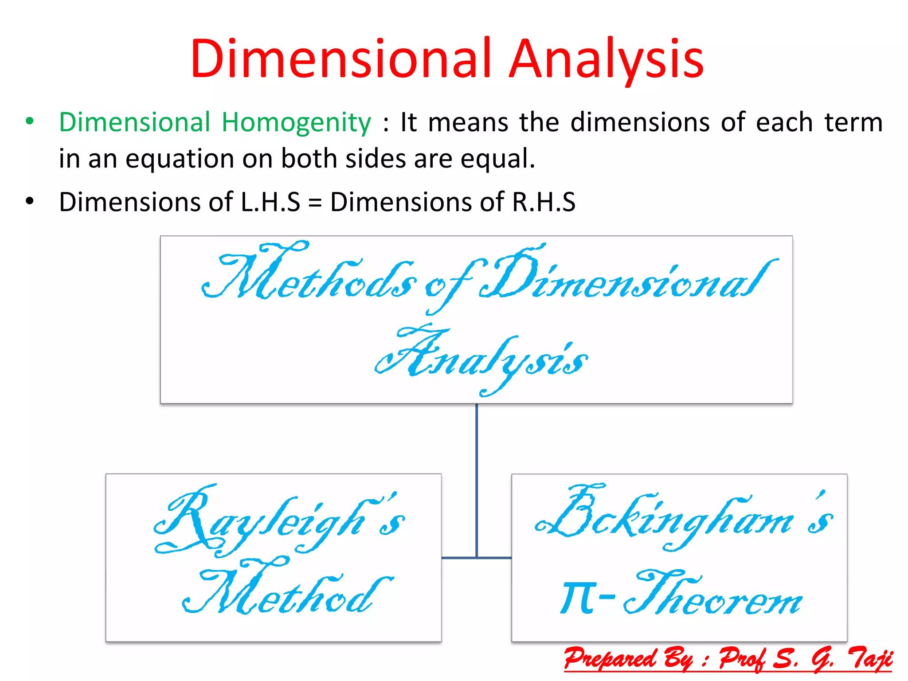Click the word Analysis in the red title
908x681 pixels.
click(606, 59)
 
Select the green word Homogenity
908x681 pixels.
click(296, 122)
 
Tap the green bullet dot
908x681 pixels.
click(30, 121)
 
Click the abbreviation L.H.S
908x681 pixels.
click(270, 202)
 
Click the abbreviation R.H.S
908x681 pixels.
click(544, 202)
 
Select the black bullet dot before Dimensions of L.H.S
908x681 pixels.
click(30, 201)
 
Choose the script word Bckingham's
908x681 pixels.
click(683, 517)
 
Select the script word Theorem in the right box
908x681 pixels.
click(714, 594)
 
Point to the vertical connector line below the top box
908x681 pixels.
click(477, 479)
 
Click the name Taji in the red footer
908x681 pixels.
click(869, 658)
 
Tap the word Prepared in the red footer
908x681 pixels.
click(610, 658)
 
